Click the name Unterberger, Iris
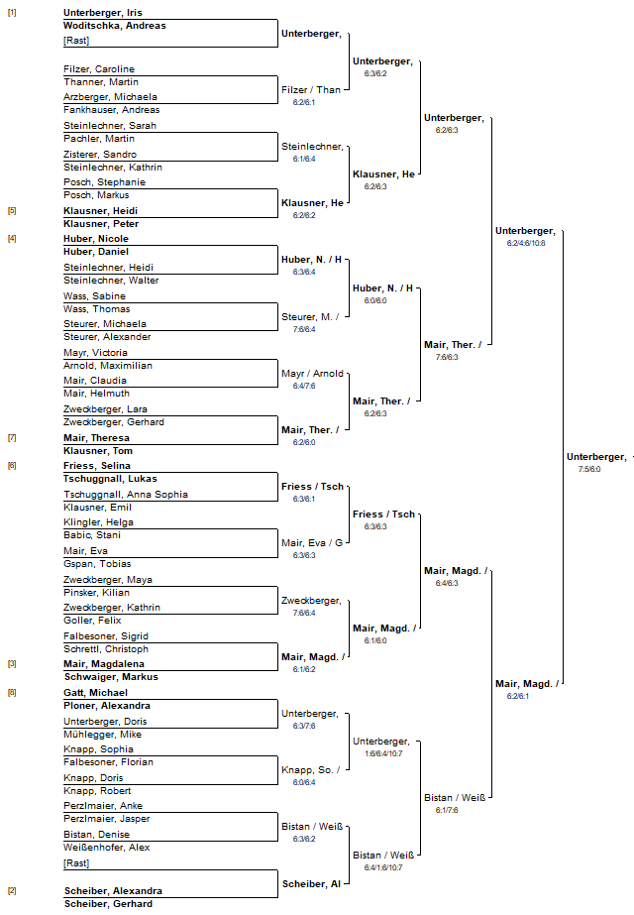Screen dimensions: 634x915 click(103, 13)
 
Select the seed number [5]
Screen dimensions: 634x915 click(12, 211)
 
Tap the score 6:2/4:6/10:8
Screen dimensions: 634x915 click(526, 243)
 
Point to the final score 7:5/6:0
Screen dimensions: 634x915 click(589, 469)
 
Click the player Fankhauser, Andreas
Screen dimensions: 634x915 click(111, 110)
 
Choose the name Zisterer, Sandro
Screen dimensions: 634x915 click(100, 154)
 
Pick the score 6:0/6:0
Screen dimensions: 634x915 click(375, 300)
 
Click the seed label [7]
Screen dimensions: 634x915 click(12, 437)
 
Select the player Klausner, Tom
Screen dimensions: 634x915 click(98, 450)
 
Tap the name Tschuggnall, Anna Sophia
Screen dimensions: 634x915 click(126, 495)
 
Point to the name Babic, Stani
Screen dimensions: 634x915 click(92, 534)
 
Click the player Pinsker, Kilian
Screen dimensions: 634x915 click(96, 592)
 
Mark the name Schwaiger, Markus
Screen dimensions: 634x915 click(111, 677)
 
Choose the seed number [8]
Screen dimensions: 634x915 click(12, 693)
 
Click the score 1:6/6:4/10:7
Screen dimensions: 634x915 click(383, 753)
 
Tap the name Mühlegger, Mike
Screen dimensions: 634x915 click(102, 735)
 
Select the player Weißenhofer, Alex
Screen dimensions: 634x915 click(107, 848)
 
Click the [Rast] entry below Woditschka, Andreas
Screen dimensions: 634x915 click(76, 41)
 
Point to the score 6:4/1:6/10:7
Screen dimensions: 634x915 click(383, 867)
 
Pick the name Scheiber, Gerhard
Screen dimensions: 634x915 click(109, 904)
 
